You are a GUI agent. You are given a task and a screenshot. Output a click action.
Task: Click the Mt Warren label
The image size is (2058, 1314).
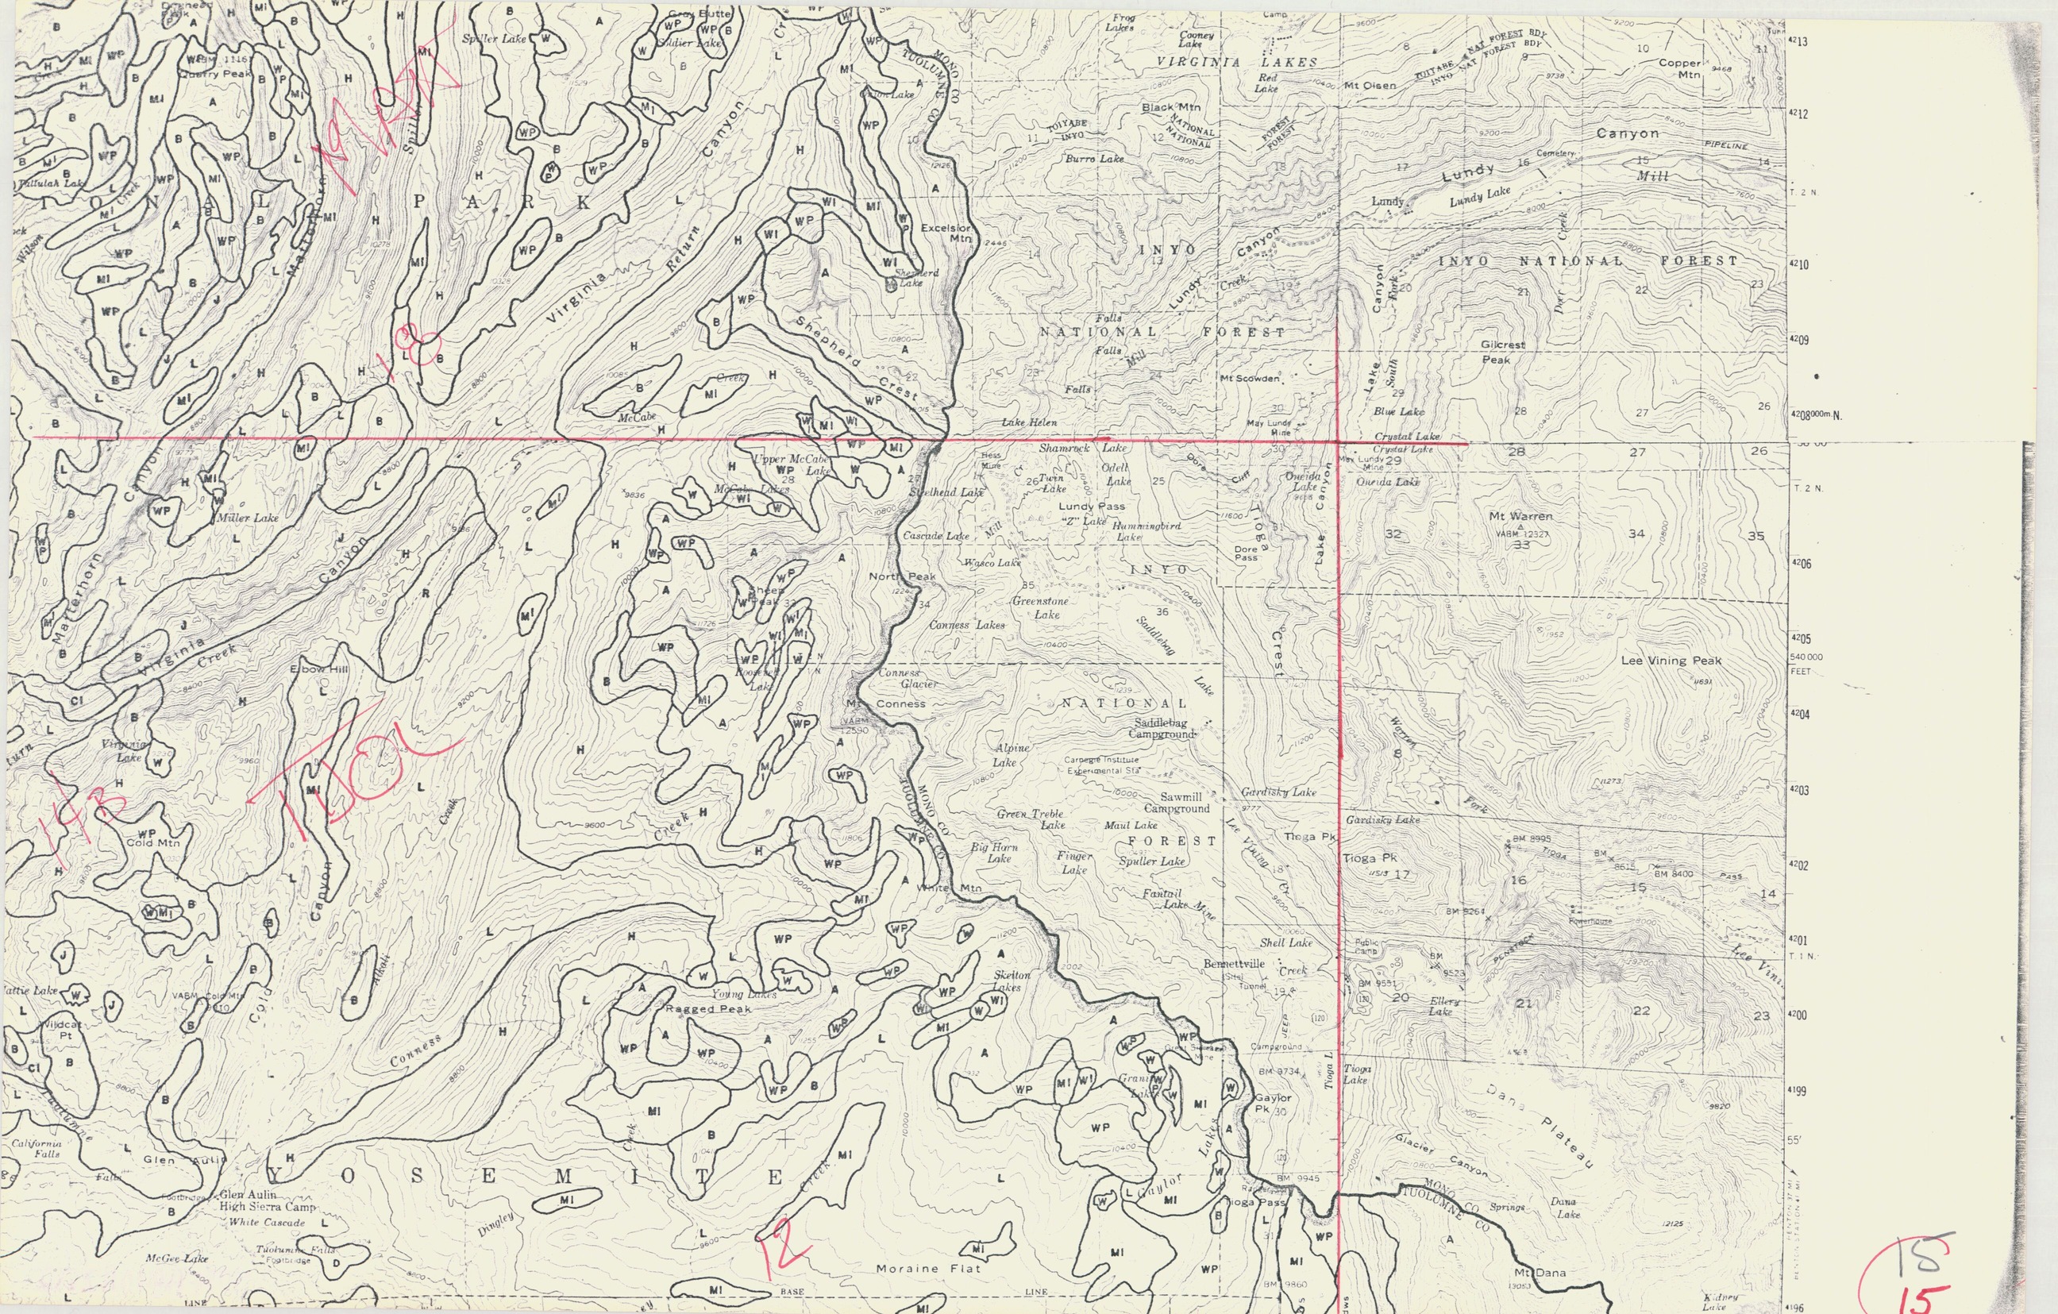[x=1520, y=517]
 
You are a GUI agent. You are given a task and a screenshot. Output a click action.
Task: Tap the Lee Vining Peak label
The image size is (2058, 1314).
[x=1671, y=661]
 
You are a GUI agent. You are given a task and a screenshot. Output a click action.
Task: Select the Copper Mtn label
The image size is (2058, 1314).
[x=1679, y=68]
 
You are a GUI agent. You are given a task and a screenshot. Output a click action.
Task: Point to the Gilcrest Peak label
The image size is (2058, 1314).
[x=1501, y=352]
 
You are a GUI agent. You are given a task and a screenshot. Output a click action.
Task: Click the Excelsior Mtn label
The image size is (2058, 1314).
[x=946, y=233]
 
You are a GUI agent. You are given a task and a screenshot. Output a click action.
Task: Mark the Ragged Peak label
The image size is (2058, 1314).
[x=707, y=1008]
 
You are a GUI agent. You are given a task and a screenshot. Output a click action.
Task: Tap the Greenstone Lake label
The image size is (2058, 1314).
[x=1040, y=607]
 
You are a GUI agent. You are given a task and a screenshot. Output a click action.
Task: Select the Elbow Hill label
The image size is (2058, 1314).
[x=319, y=669]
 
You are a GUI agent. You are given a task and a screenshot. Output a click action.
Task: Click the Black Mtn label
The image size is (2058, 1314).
[x=1171, y=108]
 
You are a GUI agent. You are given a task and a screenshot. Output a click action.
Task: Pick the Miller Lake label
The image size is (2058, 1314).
[x=247, y=518]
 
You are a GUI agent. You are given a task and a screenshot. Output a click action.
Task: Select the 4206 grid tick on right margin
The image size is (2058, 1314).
[x=1799, y=564]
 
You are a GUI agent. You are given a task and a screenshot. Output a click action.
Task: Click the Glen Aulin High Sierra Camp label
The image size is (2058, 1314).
[x=268, y=1201]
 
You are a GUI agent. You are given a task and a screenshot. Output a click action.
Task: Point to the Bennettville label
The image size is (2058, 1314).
[x=1233, y=964]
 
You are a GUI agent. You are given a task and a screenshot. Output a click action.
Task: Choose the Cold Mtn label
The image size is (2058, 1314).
[x=153, y=842]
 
